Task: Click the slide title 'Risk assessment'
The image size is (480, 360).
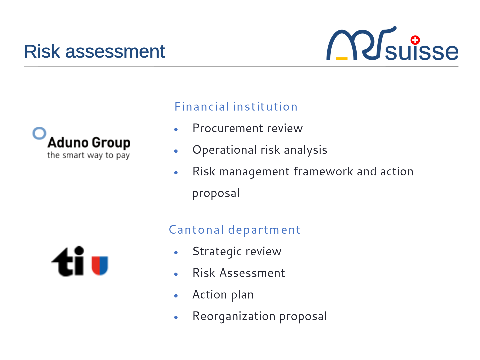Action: (94, 51)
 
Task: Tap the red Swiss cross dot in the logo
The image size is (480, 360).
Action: (415, 40)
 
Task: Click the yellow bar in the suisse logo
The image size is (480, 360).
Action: (342, 59)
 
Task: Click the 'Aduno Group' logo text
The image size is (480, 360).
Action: (89, 143)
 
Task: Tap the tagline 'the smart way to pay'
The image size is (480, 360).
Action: (88, 155)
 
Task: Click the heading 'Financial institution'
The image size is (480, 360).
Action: (236, 106)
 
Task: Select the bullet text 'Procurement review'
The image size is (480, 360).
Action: (248, 128)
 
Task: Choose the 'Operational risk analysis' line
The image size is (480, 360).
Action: (260, 150)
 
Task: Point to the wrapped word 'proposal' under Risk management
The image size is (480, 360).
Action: (216, 193)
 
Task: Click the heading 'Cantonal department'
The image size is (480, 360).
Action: (235, 230)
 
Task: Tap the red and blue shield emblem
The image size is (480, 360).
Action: (100, 265)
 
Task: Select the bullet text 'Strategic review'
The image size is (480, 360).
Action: (237, 251)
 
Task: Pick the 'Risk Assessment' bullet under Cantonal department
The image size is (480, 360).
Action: (239, 273)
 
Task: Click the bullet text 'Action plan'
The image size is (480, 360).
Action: (223, 295)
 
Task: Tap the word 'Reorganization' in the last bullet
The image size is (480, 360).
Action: (234, 317)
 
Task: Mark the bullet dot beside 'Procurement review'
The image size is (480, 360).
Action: (176, 129)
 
